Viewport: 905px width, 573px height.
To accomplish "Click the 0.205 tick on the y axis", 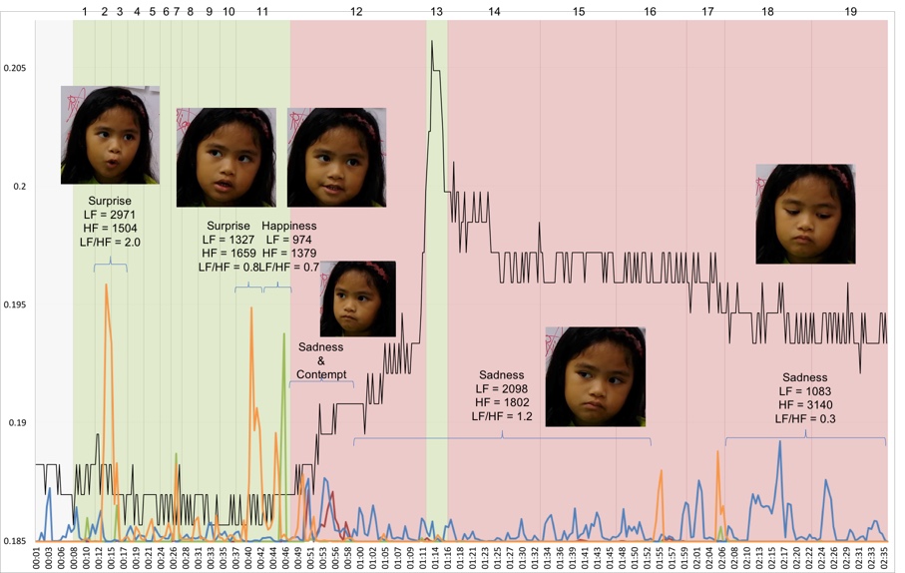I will click(x=16, y=68).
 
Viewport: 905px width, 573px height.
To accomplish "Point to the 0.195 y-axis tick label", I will click(x=16, y=304).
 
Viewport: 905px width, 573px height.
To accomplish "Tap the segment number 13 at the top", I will click(x=436, y=10).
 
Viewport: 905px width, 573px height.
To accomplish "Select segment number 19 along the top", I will click(x=850, y=10).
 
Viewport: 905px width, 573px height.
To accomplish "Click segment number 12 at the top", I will click(x=356, y=10).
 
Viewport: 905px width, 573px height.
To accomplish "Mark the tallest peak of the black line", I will click(x=431, y=42).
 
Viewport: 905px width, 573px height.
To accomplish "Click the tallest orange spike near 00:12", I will click(x=106, y=286).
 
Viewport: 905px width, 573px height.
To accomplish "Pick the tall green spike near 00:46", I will click(x=284, y=334).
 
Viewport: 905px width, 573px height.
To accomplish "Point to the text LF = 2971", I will click(x=110, y=215).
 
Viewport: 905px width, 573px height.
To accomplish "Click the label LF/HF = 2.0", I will click(x=110, y=243).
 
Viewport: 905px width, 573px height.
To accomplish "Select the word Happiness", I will click(x=289, y=226).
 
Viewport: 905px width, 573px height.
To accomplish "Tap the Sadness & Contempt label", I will click(x=321, y=360).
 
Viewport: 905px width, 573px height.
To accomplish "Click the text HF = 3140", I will click(x=804, y=405).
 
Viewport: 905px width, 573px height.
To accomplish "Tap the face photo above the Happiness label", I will click(x=335, y=157).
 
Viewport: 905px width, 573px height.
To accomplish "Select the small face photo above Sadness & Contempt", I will click(x=357, y=298).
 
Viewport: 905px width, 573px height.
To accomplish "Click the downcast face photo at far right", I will click(x=804, y=214).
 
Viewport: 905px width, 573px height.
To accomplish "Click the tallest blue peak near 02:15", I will click(x=779, y=442).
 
